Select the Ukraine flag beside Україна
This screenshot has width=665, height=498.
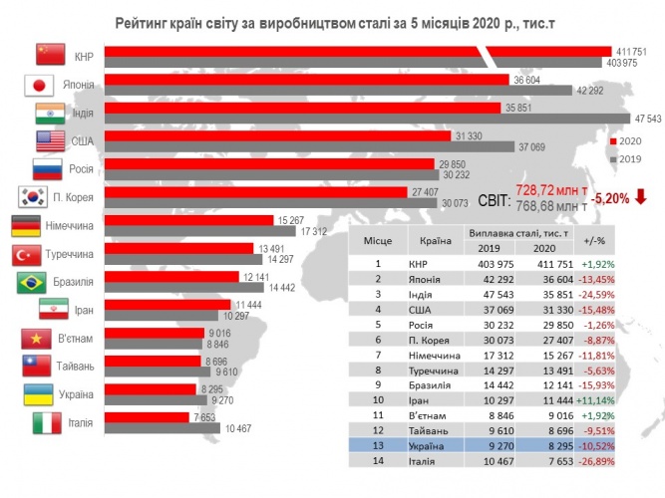coord(37,393)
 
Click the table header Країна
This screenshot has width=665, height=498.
coord(431,240)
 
